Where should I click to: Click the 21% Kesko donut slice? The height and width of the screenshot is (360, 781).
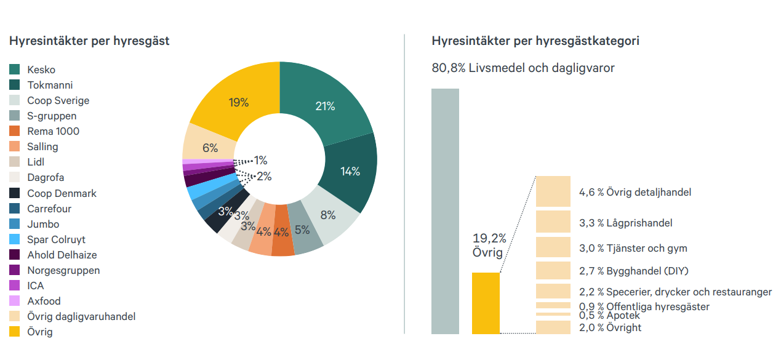[x=325, y=106]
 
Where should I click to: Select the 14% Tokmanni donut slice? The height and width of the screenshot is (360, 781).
[x=350, y=171]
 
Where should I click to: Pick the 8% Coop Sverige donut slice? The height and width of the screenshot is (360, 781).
[x=327, y=215]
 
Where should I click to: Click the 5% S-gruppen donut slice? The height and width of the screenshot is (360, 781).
[x=302, y=230]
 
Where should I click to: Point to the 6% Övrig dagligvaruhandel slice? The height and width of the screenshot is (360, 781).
[x=210, y=148]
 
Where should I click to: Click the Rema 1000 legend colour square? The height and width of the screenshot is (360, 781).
[x=15, y=131]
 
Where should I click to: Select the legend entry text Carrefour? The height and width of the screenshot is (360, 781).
[x=49, y=209]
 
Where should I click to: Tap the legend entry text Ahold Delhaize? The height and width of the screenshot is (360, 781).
[x=62, y=255]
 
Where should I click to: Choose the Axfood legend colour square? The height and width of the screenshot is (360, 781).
[x=15, y=301]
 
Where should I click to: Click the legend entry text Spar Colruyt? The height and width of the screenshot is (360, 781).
[x=56, y=239]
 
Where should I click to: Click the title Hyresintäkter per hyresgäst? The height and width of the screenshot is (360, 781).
[x=89, y=41]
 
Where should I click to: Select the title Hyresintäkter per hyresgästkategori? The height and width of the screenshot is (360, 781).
[x=535, y=41]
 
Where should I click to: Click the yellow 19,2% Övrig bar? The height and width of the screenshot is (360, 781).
[x=486, y=303]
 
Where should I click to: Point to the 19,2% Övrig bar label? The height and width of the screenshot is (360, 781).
[x=489, y=245]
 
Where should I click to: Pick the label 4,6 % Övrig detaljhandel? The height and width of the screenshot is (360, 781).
[x=635, y=192]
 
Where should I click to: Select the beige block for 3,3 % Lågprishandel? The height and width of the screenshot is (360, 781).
[x=553, y=221]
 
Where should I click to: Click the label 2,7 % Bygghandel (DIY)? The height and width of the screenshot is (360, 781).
[x=633, y=271]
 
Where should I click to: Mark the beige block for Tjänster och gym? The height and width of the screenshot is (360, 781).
[x=553, y=247]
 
